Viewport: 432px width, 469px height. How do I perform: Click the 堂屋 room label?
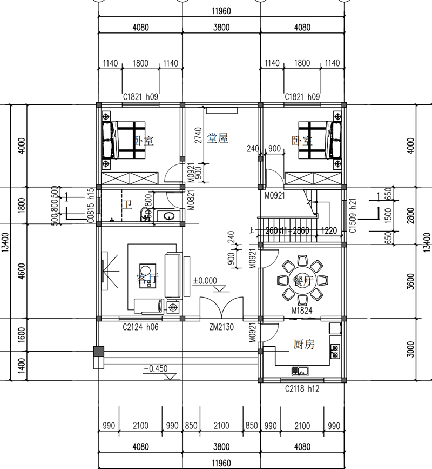point(218,138)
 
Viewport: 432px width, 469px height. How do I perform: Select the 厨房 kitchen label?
point(304,344)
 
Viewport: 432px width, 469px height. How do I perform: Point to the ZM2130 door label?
point(221,326)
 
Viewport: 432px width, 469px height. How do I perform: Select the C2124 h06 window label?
point(140,326)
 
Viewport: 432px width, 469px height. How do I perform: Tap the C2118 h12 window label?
point(302,388)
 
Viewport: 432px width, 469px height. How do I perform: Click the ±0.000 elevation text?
point(205,281)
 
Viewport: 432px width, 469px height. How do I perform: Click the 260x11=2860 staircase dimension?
point(288,230)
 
